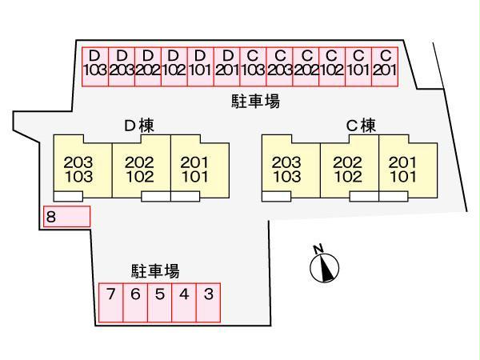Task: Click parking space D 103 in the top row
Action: point(94,62)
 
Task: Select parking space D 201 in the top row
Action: point(227,62)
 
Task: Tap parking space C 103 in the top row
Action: point(253,62)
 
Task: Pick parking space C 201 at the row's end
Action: point(385,62)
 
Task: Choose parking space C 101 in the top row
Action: point(358,62)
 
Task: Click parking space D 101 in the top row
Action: point(200,62)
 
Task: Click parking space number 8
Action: point(66,216)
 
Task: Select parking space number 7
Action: point(111,302)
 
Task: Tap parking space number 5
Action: point(160,302)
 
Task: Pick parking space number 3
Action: point(208,302)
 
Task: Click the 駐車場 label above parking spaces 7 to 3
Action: point(155,270)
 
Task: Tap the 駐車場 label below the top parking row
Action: point(255,102)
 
